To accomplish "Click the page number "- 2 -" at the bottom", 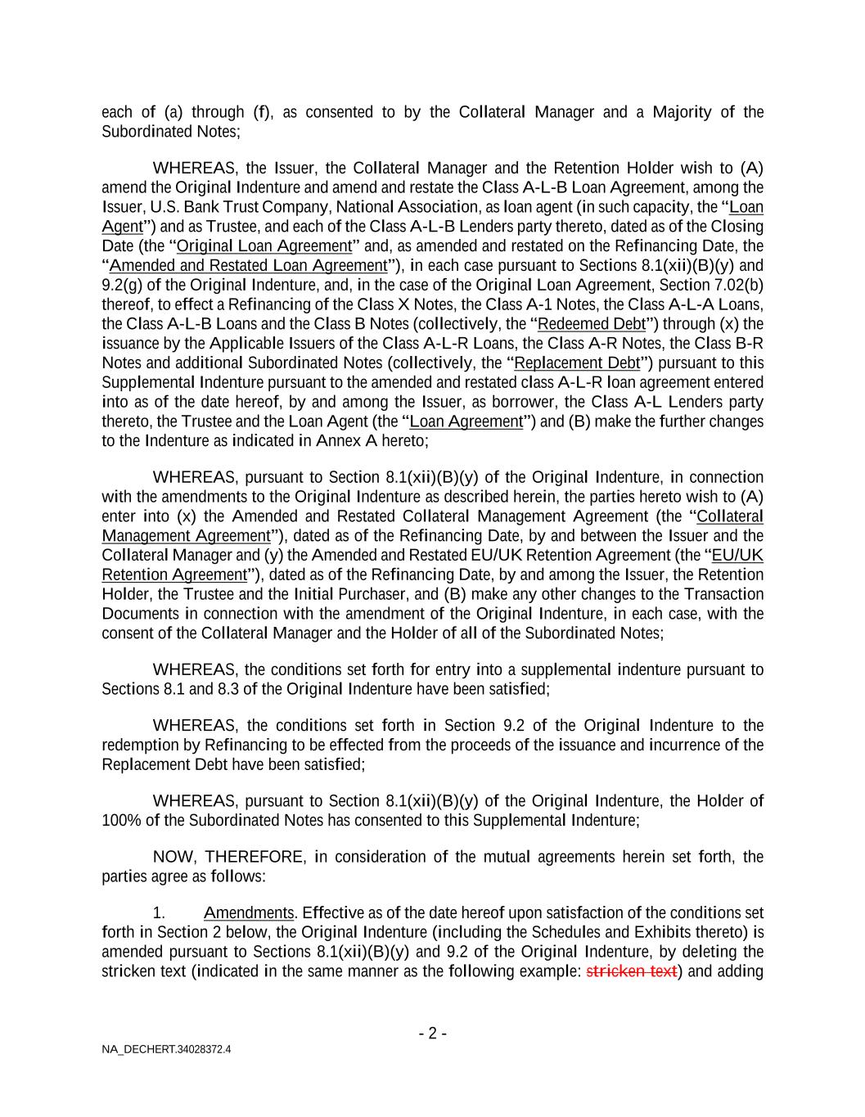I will (432, 1033).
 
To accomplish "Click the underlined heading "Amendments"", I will (248, 912).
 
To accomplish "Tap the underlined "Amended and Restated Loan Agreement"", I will (248, 265).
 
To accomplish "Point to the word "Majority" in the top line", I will (682, 112).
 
